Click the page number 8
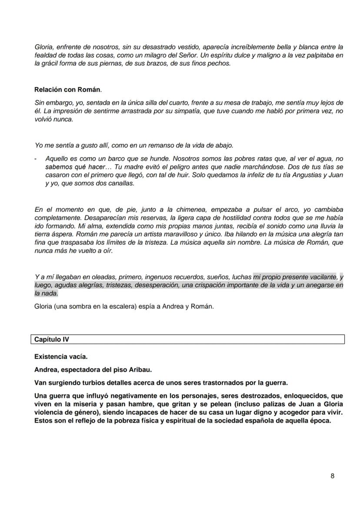(332, 476)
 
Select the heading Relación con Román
(67, 90)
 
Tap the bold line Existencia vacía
(61, 357)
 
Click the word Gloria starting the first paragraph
(43, 47)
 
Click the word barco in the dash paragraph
(101, 159)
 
